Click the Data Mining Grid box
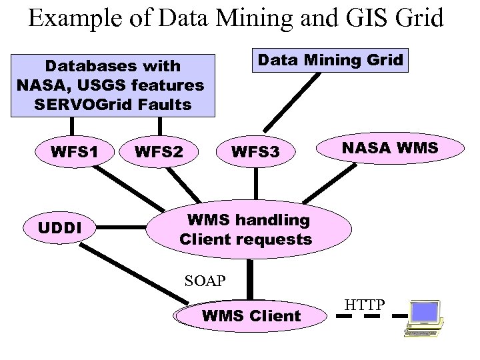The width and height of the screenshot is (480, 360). (330, 61)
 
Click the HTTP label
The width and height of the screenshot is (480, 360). (365, 305)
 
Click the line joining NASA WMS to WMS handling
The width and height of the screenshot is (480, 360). (324, 183)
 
